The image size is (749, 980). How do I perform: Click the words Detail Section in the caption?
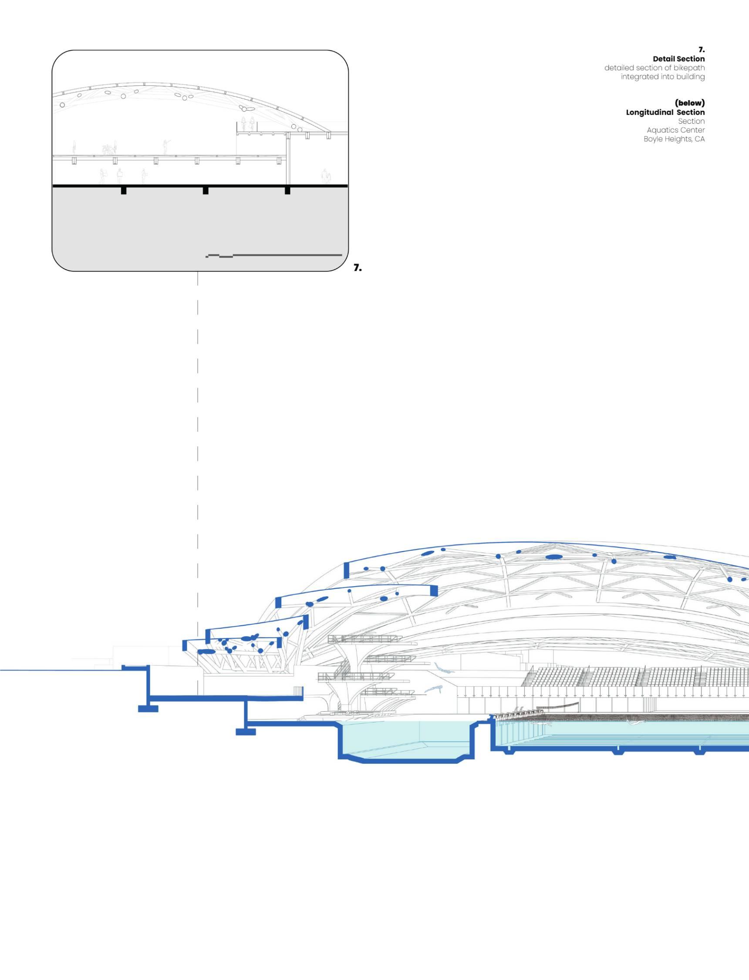[678, 59]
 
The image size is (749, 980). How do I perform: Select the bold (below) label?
[690, 103]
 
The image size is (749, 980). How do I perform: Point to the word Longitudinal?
[649, 112]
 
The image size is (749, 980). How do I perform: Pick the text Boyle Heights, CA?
[674, 139]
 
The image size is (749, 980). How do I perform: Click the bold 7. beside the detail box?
[358, 268]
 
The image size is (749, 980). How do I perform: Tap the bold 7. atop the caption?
[701, 50]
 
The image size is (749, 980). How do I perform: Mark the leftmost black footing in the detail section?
[124, 190]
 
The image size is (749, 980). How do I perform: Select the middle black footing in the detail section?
[206, 190]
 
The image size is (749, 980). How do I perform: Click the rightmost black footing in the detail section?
[287, 190]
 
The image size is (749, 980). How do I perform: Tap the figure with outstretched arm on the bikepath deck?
[165, 146]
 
